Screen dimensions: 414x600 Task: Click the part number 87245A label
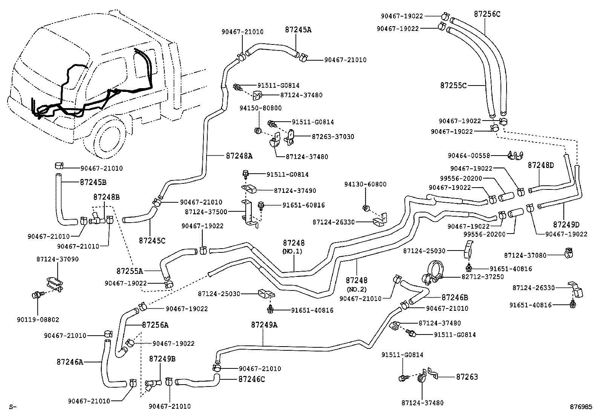(298, 30)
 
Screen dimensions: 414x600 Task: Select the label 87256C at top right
(487, 14)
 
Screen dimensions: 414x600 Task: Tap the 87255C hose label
(453, 86)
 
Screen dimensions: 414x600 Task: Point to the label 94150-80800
(260, 108)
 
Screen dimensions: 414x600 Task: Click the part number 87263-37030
(333, 137)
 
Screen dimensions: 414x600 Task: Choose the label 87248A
(239, 155)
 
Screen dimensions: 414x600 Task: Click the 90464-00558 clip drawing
(515, 155)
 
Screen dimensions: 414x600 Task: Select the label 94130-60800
(365, 184)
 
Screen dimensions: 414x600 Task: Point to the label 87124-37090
(58, 259)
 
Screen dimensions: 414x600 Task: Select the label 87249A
(264, 325)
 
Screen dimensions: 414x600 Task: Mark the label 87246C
(251, 379)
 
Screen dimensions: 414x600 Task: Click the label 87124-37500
(206, 212)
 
